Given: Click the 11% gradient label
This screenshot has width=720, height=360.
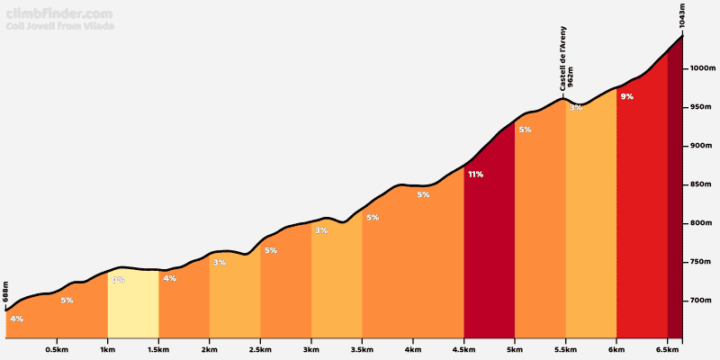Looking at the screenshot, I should pos(475,174).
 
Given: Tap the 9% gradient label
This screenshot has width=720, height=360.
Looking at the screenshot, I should pos(627,96).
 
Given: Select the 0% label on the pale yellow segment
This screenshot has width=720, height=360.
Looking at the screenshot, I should pos(118,280).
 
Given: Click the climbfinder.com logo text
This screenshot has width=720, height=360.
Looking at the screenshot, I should pos(59,13).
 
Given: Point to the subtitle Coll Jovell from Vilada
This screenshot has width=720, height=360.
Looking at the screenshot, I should pos(60,26).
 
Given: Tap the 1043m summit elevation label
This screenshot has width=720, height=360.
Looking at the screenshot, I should pos(683,18).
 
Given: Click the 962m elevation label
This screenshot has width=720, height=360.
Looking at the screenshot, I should pos(571,76).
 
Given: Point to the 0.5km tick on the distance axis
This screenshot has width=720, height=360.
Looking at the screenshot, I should pos(57,350).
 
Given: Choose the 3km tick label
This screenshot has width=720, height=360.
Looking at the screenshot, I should pos(311,350).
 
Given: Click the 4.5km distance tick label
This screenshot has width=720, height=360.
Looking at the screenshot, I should pos(464,350).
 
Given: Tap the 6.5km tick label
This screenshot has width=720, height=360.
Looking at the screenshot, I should pos(668,350).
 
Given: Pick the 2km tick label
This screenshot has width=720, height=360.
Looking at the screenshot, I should pos(210,350).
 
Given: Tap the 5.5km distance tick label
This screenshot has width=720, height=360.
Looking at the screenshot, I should pos(566,350).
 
